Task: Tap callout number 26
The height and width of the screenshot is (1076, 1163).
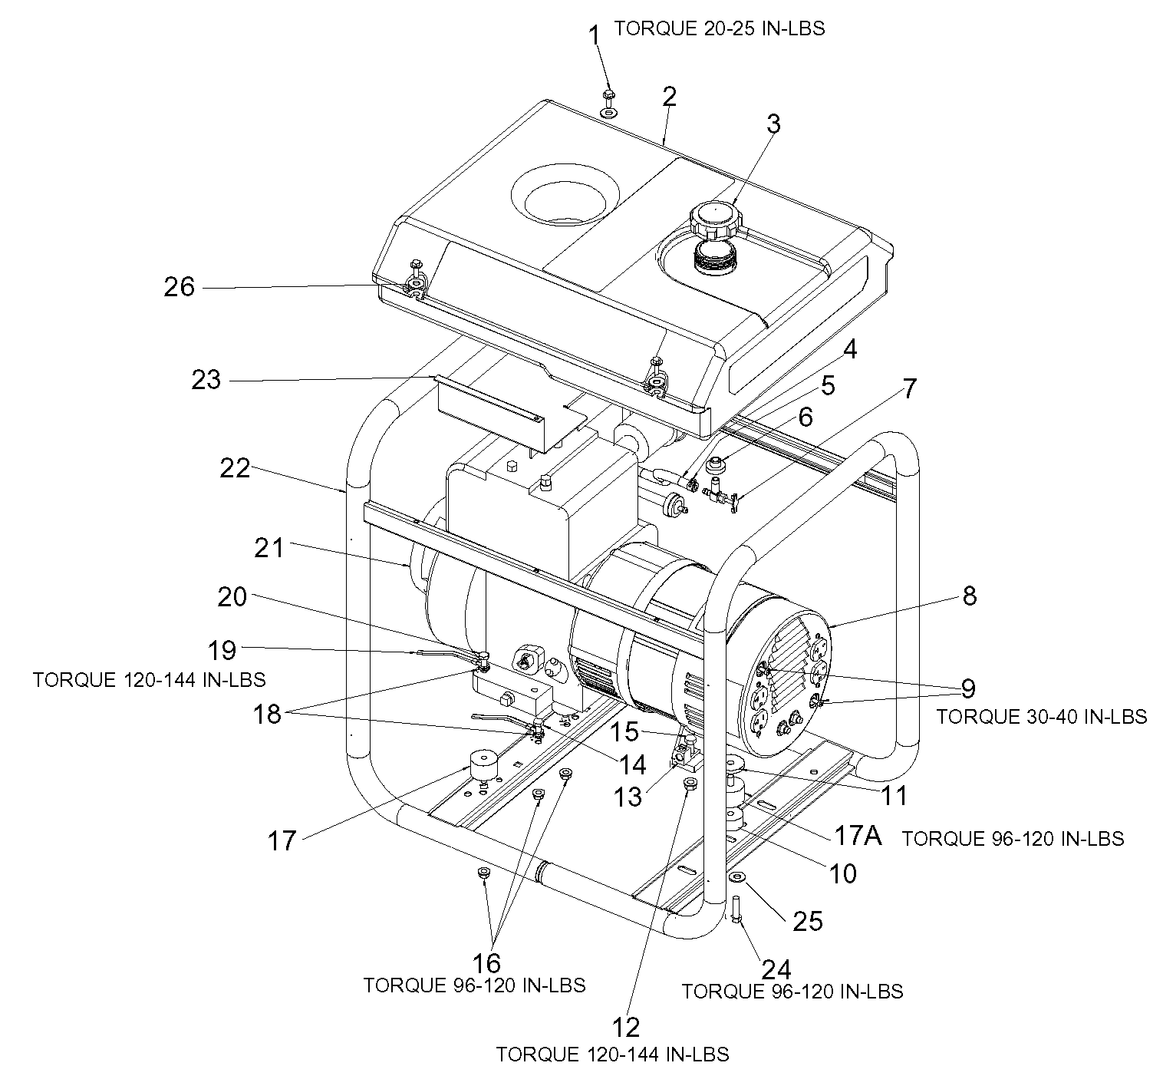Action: (x=180, y=287)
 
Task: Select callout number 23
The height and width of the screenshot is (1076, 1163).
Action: (x=206, y=380)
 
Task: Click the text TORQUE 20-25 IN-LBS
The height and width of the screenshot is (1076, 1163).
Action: (x=719, y=28)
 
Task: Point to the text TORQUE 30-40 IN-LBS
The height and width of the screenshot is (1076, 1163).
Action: (x=1041, y=717)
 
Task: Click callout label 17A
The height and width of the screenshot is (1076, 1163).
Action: (x=858, y=834)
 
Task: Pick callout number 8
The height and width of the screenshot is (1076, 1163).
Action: (x=970, y=596)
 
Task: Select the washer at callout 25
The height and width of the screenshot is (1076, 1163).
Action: (x=737, y=876)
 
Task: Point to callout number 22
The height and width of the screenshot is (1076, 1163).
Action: (x=235, y=468)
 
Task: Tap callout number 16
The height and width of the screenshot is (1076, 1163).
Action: (x=486, y=963)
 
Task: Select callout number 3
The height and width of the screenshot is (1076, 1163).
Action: (x=774, y=124)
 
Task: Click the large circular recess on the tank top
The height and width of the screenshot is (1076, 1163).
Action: (x=564, y=198)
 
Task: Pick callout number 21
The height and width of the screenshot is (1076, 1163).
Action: (x=269, y=548)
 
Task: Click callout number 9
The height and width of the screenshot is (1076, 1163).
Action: (x=969, y=688)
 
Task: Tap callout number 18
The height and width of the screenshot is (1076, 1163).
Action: (x=267, y=715)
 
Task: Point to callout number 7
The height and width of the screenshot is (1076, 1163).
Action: (x=909, y=388)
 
